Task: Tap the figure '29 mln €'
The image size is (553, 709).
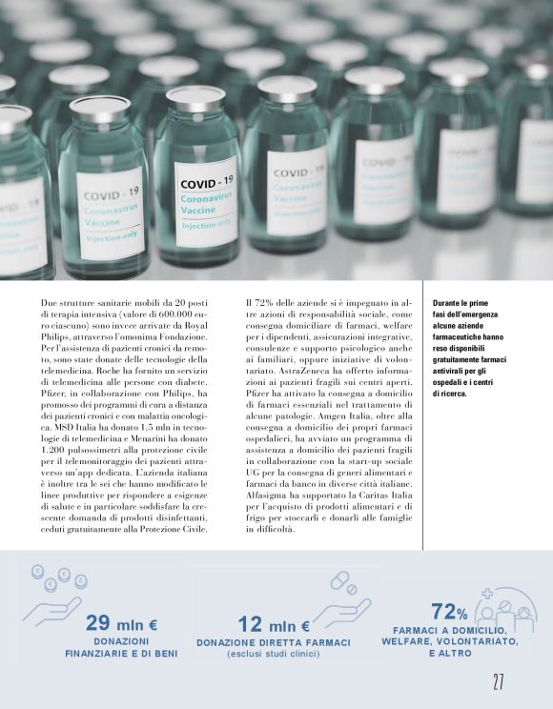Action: pyautogui.click(x=122, y=624)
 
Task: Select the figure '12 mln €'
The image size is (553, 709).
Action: pyautogui.click(x=274, y=625)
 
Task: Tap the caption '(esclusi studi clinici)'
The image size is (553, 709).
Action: pyautogui.click(x=274, y=653)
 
